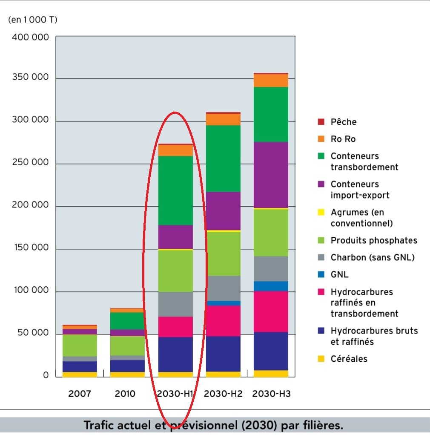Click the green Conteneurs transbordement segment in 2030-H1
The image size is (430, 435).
175,190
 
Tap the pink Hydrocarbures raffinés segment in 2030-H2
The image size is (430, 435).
223,321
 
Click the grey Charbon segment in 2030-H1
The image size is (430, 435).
175,304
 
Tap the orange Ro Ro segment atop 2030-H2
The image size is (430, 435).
223,119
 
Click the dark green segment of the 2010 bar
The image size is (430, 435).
127,321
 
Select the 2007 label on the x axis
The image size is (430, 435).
80,394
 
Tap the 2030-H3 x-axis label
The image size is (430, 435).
272,394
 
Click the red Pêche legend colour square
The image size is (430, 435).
321,122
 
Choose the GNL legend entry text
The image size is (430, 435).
339,275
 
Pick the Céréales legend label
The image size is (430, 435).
349,359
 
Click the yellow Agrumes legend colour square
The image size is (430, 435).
321,212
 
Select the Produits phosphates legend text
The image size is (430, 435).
373,240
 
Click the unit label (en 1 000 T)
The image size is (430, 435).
32,20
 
